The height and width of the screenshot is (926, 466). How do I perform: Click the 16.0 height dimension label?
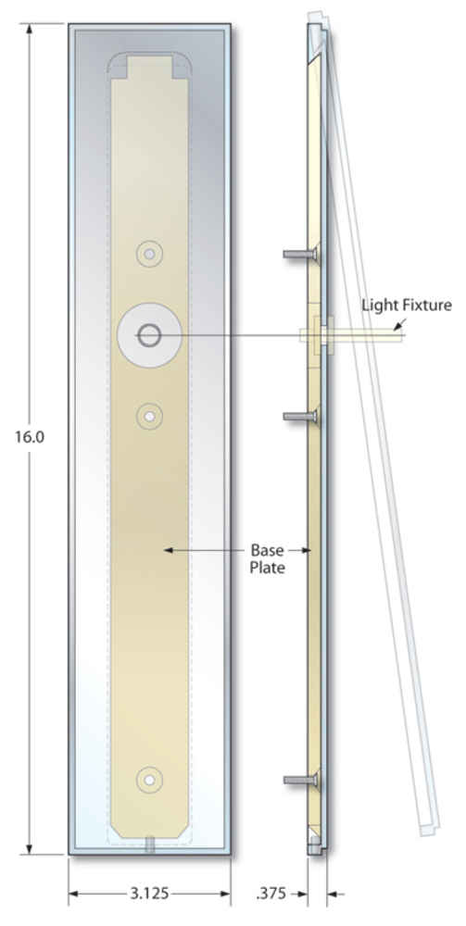(31, 438)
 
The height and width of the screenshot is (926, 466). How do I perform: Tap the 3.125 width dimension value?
(149, 894)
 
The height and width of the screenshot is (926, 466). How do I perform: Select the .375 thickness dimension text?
(271, 894)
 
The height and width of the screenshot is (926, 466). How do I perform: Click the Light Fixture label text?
(407, 306)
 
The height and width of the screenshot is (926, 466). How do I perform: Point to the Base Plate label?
(268, 558)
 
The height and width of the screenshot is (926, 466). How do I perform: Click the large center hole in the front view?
(149, 336)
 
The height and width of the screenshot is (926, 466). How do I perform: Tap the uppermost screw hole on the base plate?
(150, 254)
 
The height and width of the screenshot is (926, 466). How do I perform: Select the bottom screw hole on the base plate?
(149, 780)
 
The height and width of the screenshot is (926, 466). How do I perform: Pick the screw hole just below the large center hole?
(150, 417)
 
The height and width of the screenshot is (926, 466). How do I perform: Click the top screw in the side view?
(300, 254)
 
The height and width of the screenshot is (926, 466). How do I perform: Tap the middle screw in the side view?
(300, 417)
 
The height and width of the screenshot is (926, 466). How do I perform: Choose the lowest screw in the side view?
(300, 780)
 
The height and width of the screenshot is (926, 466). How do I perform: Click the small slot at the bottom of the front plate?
(150, 845)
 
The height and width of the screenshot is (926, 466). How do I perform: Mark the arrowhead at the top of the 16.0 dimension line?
(29, 29)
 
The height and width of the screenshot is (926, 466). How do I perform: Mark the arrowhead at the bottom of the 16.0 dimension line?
(29, 848)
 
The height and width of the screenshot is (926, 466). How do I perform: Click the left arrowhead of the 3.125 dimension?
(74, 894)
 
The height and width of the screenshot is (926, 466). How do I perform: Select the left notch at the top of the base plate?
(120, 68)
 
